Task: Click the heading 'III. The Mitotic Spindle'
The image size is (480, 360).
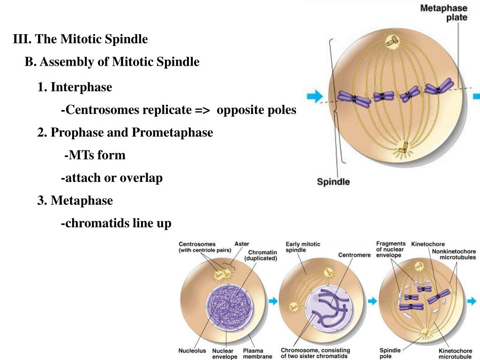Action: (81, 39)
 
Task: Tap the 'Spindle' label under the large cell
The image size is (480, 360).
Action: (333, 182)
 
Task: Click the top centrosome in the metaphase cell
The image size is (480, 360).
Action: (391, 43)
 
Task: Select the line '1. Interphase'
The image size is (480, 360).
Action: (75, 87)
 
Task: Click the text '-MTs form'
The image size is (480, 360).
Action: (95, 155)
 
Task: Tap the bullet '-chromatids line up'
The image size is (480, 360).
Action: (116, 224)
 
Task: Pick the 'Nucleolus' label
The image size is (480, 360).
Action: (192, 351)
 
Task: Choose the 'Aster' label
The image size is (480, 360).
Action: (241, 244)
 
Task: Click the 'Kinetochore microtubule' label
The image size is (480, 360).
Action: (457, 353)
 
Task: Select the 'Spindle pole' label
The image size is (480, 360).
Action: (390, 353)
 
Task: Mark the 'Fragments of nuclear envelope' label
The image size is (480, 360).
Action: (391, 250)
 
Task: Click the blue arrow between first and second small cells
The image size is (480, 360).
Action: (271, 301)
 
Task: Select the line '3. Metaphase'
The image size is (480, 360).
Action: (75, 201)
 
